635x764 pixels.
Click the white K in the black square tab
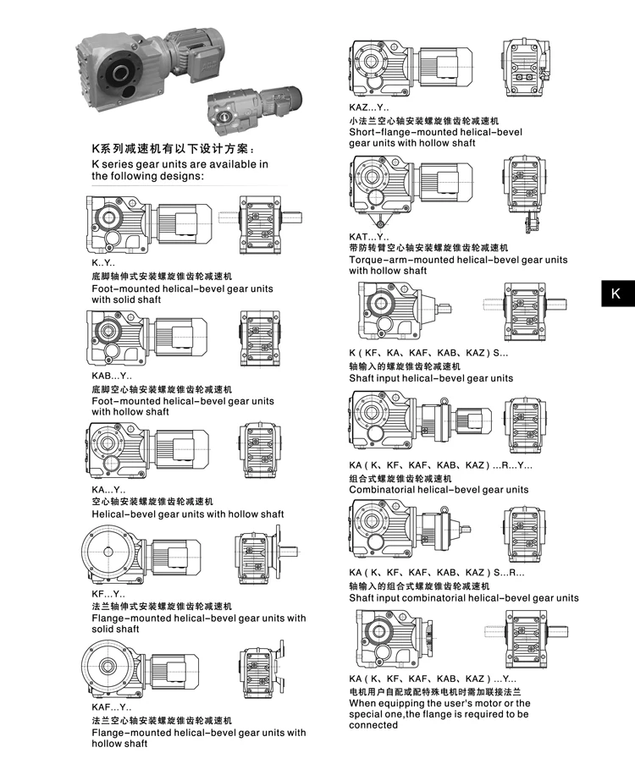tap(616, 294)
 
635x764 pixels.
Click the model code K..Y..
tap(103, 265)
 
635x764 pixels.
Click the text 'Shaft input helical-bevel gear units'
tap(431, 378)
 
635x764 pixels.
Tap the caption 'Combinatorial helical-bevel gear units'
tap(439, 489)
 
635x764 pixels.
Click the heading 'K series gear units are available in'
tap(180, 164)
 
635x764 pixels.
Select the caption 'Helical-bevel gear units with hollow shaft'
tap(188, 514)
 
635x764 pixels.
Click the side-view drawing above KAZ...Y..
tap(406, 68)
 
